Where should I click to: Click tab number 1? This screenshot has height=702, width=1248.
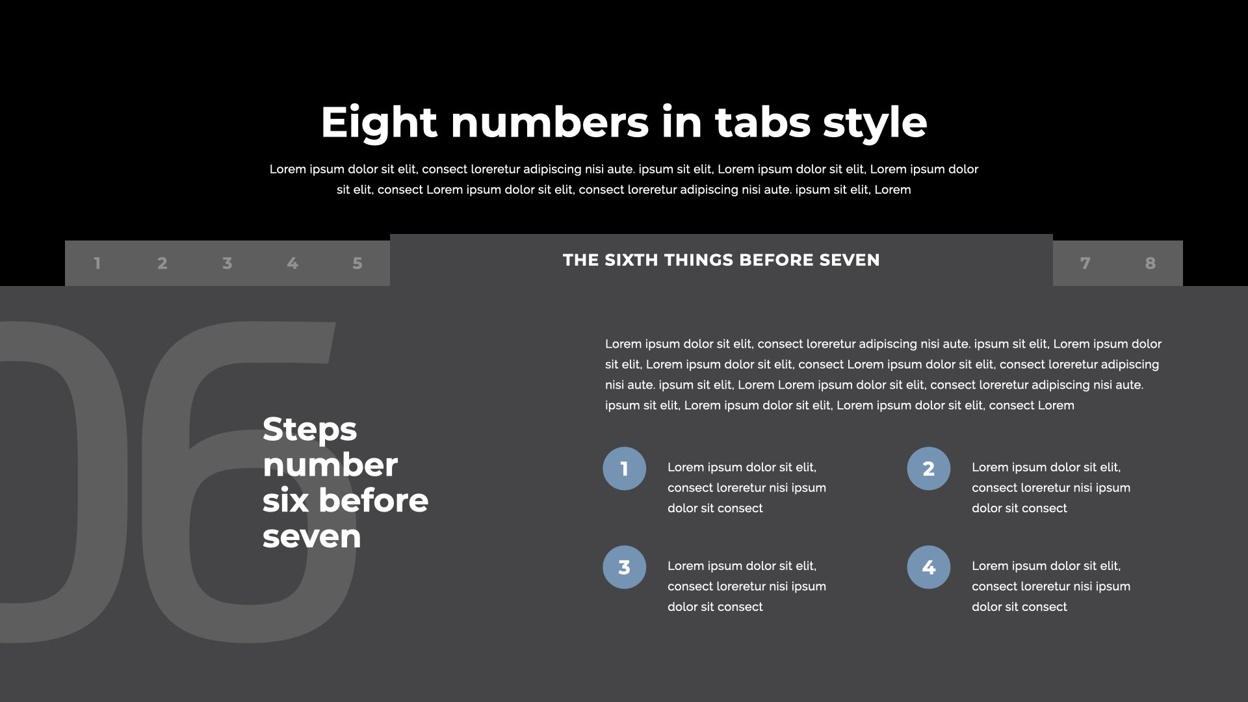97,263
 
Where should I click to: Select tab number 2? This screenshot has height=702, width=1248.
162,263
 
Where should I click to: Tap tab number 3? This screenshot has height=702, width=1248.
227,263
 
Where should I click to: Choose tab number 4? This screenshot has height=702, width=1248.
292,263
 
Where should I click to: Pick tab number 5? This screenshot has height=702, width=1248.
357,263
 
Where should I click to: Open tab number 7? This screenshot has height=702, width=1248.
1085,263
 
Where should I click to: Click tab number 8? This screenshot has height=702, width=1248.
1150,263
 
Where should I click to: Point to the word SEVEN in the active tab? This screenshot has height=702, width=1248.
850,260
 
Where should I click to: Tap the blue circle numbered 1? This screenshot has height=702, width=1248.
624,469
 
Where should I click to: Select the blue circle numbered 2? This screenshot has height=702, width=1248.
928,469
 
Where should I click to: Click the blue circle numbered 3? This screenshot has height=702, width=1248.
624,567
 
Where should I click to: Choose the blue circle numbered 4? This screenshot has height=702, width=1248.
928,567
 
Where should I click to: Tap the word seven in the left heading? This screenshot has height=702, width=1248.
311,538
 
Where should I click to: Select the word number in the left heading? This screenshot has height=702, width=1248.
330,465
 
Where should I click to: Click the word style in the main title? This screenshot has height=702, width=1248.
875,123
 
